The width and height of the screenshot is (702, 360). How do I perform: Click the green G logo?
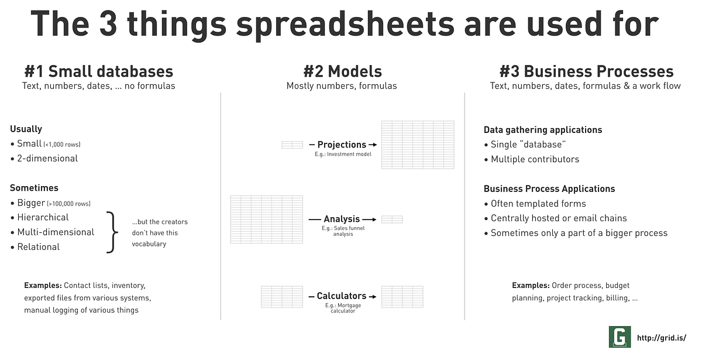[620, 337]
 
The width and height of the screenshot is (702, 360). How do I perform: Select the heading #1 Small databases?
[98, 71]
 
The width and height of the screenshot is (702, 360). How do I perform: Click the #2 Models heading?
[342, 71]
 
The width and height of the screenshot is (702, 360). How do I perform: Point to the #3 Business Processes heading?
[586, 71]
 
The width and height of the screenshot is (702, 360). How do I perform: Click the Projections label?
[342, 145]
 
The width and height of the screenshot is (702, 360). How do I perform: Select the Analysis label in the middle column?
[342, 219]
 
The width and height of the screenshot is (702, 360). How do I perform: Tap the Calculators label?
[342, 296]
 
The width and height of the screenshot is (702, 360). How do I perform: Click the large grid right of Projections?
[418, 145]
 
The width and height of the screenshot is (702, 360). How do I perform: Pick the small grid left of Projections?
[292, 145]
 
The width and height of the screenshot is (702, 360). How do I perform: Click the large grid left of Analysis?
[267, 219]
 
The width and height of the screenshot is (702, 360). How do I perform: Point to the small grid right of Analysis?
[392, 220]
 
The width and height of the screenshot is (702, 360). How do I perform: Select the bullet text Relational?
[39, 247]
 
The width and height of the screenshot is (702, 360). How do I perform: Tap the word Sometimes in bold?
[34, 188]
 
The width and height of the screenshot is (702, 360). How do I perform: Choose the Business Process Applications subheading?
[549, 188]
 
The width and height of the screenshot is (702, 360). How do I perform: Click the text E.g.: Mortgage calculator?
[342, 308]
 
